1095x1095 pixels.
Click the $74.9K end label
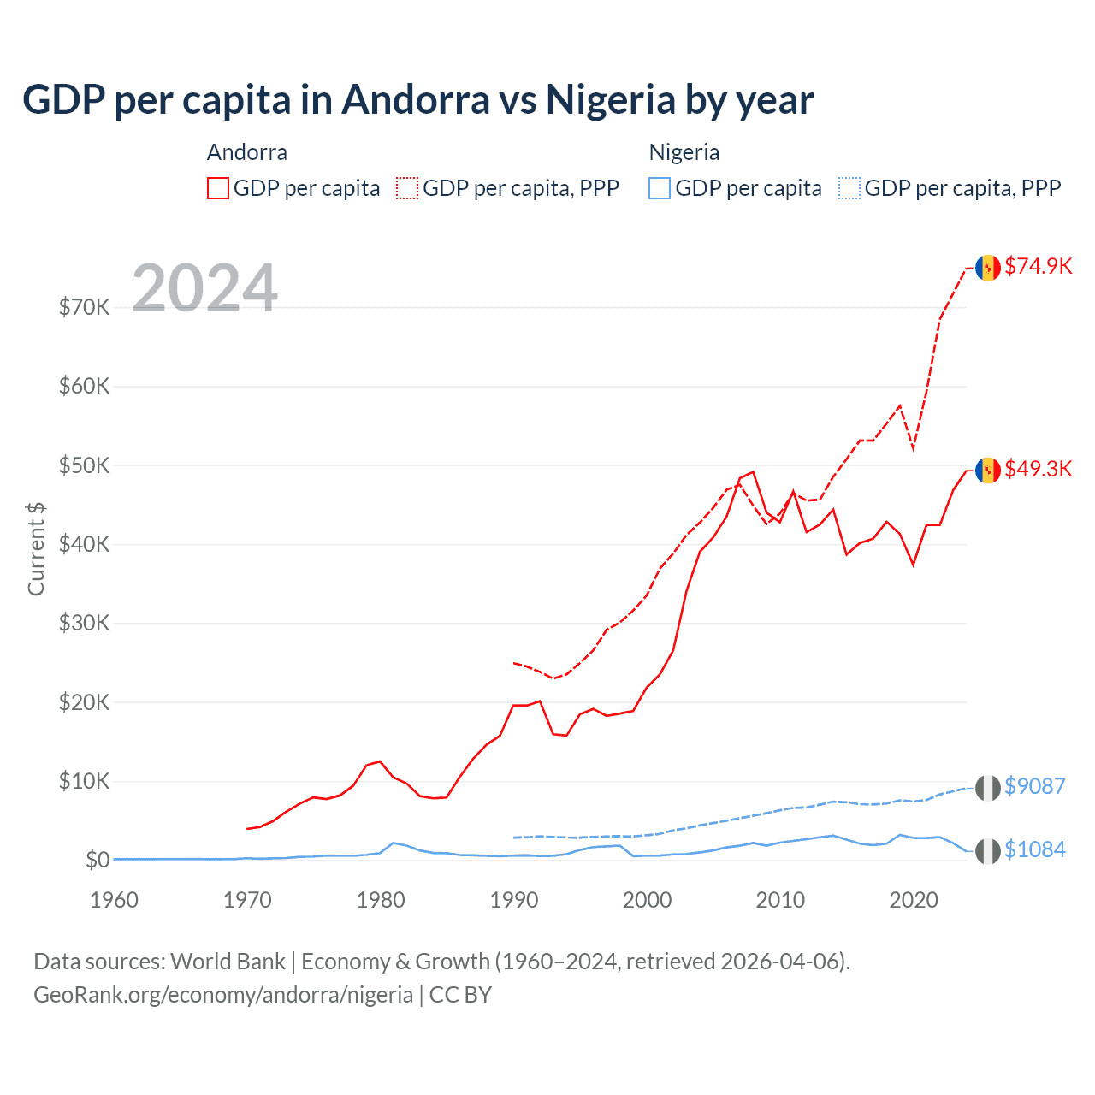click(x=1038, y=267)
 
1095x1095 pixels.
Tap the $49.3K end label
click(x=1038, y=470)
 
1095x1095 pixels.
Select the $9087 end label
click(x=1034, y=786)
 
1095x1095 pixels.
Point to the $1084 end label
click(x=1034, y=849)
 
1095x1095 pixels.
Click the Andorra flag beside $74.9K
click(x=988, y=268)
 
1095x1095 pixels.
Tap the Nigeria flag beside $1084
click(x=988, y=851)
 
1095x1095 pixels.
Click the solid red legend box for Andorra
click(x=218, y=188)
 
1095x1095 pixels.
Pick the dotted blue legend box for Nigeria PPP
click(x=849, y=188)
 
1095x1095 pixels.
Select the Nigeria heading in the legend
click(x=684, y=152)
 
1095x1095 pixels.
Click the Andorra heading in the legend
click(x=247, y=152)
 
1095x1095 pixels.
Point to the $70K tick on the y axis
click(x=84, y=308)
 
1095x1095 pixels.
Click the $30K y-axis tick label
click(x=84, y=624)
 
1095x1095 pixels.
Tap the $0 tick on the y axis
click(x=97, y=861)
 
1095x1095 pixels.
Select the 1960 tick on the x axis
click(x=114, y=900)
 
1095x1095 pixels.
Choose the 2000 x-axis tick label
click(x=647, y=900)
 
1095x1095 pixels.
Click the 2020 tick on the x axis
click(x=914, y=900)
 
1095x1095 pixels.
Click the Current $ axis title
click(x=36, y=549)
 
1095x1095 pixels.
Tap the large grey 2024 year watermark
click(x=204, y=288)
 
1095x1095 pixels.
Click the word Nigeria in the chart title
click(x=611, y=100)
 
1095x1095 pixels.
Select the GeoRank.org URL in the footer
click(x=223, y=995)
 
